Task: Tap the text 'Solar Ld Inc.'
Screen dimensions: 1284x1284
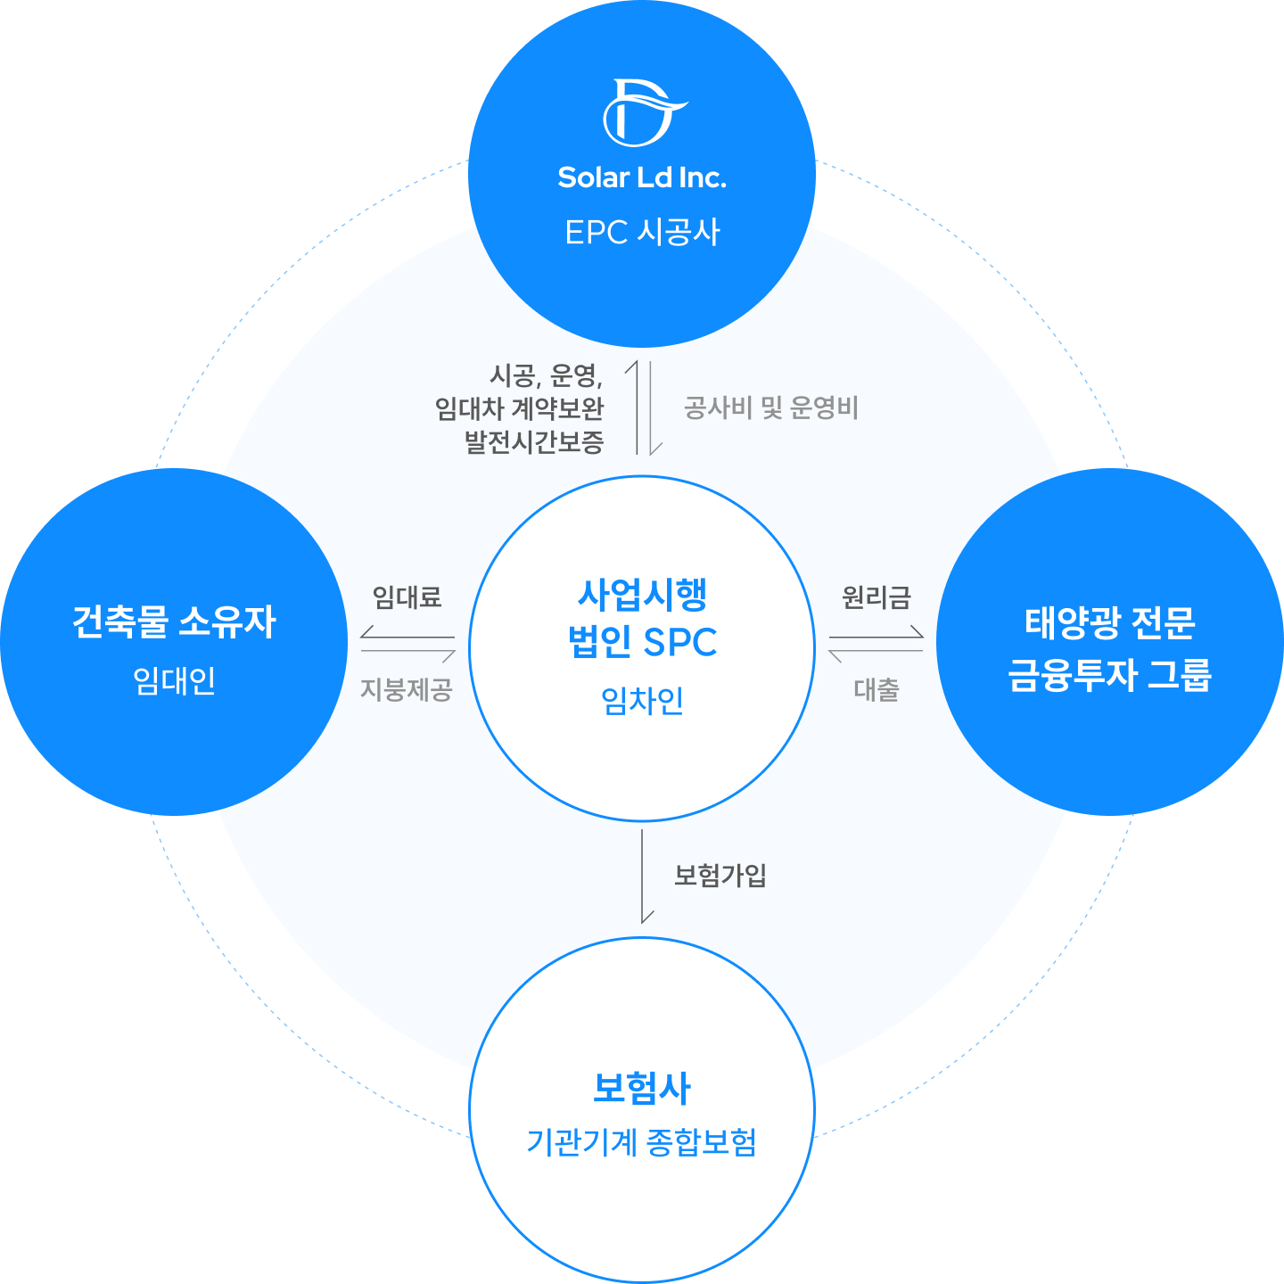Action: click(642, 177)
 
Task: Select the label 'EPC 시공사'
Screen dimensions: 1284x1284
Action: click(642, 232)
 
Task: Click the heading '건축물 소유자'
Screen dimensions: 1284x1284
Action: click(175, 621)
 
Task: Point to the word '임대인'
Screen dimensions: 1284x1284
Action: click(175, 680)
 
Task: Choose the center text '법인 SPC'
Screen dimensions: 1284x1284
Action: click(642, 642)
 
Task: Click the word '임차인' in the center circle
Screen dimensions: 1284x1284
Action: click(642, 701)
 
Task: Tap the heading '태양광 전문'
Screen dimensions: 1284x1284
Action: click(1110, 622)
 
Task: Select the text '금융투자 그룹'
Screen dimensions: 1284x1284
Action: click(1110, 675)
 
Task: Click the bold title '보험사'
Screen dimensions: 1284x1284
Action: click(642, 1088)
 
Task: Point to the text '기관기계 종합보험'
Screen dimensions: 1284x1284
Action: click(642, 1142)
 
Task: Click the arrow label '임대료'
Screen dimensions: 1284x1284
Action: click(407, 597)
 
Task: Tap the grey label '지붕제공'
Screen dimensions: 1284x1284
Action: click(407, 689)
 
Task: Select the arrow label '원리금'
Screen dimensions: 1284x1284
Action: click(877, 597)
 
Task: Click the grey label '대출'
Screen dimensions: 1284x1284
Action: click(877, 689)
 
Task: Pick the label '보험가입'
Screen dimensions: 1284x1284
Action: click(720, 876)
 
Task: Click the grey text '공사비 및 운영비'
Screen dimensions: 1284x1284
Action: click(770, 408)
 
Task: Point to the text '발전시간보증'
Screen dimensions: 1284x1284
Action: click(534, 441)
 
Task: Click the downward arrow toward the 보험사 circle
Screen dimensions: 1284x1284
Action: click(643, 878)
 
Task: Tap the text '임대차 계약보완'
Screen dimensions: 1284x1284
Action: click(520, 408)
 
